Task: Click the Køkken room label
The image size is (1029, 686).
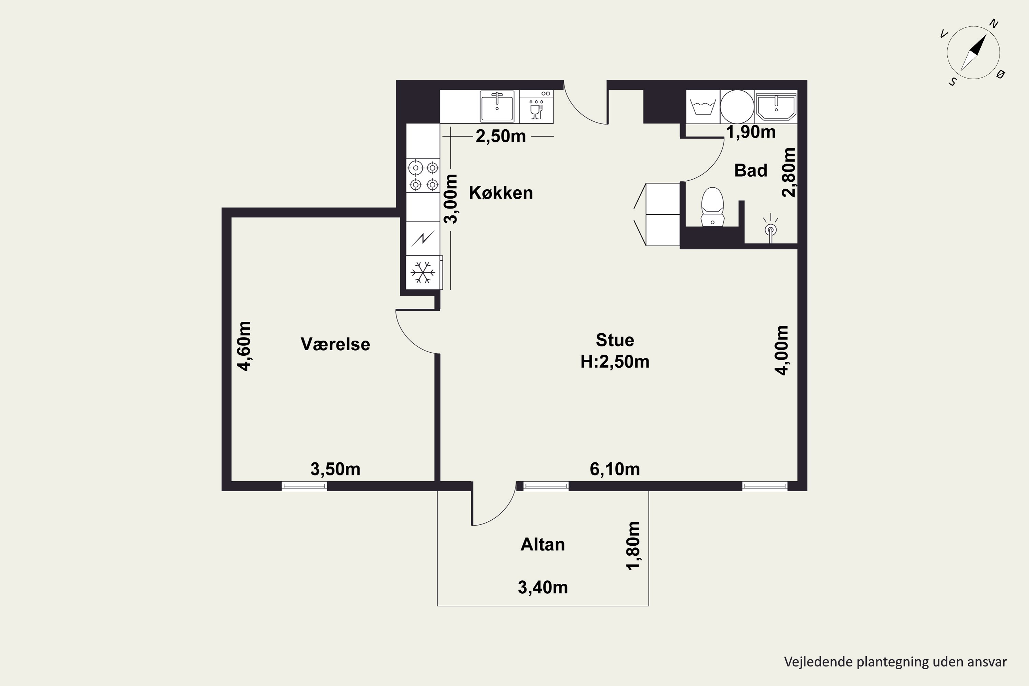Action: (x=501, y=193)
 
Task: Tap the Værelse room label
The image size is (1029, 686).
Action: (x=335, y=344)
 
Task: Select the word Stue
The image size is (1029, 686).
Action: (x=615, y=340)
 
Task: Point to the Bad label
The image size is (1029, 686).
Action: (x=751, y=170)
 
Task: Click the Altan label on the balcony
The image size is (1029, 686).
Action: (x=543, y=544)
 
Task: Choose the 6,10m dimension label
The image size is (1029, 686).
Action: (x=615, y=469)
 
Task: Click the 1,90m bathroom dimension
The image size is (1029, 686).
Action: (x=751, y=132)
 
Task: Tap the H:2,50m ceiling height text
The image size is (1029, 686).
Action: (x=615, y=362)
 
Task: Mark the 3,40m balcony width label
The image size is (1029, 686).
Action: (x=543, y=588)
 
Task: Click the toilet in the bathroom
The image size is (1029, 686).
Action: (x=712, y=207)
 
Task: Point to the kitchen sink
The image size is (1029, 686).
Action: (x=497, y=107)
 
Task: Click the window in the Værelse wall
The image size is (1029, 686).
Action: (x=304, y=486)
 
